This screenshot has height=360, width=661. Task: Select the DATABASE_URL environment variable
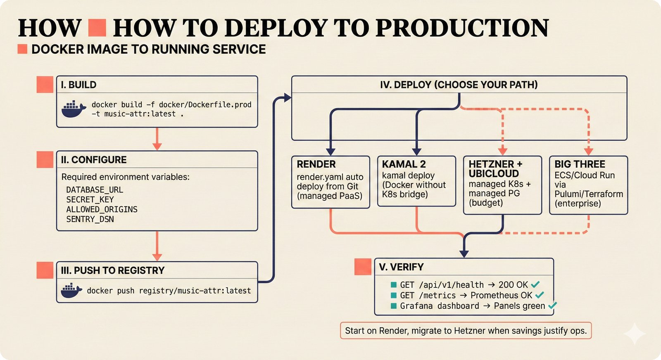tap(95, 190)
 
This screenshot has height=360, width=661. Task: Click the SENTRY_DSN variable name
tap(90, 219)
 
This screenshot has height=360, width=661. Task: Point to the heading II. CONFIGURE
tap(94, 160)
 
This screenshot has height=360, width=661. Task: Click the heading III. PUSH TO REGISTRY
tap(112, 270)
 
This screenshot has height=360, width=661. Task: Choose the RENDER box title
tap(316, 164)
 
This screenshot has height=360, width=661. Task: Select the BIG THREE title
tap(580, 164)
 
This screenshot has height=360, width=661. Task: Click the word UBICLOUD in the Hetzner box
tap(494, 174)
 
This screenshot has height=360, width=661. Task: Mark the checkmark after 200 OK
tap(535, 284)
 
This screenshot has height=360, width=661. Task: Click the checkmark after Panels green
tap(552, 306)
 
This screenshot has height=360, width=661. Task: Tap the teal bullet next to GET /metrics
tap(394, 296)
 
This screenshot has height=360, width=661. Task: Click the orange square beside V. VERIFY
tap(363, 267)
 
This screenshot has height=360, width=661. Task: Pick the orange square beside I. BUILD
tap(45, 85)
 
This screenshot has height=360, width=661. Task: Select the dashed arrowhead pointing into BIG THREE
tap(589, 151)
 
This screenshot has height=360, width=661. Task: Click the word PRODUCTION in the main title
tap(462, 28)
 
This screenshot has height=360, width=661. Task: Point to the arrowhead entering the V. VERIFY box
tap(464, 253)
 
